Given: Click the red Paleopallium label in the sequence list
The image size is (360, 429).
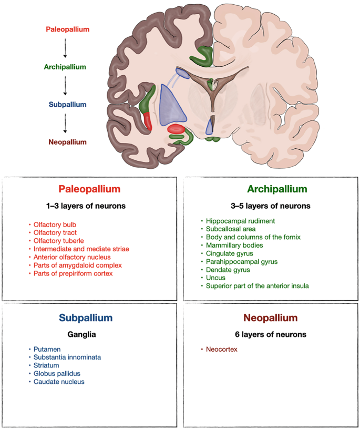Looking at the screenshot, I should [67, 29].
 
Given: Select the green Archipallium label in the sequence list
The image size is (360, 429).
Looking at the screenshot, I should [65, 67].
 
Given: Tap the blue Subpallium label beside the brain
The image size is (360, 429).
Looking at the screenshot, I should [67, 105].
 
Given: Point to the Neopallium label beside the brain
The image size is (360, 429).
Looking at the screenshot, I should [67, 142].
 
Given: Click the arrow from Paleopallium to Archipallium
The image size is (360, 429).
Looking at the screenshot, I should [65, 48].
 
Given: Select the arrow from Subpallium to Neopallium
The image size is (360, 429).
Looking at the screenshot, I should [65, 123].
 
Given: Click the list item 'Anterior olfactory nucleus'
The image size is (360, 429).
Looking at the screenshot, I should [72, 257].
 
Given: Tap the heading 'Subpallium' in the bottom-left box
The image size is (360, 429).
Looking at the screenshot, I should [85, 318].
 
